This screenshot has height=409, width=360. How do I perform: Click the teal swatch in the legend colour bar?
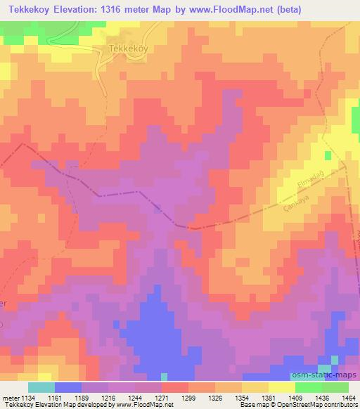(x=41, y=387)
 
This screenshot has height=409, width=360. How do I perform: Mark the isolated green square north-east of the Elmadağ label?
(x=326, y=154)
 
